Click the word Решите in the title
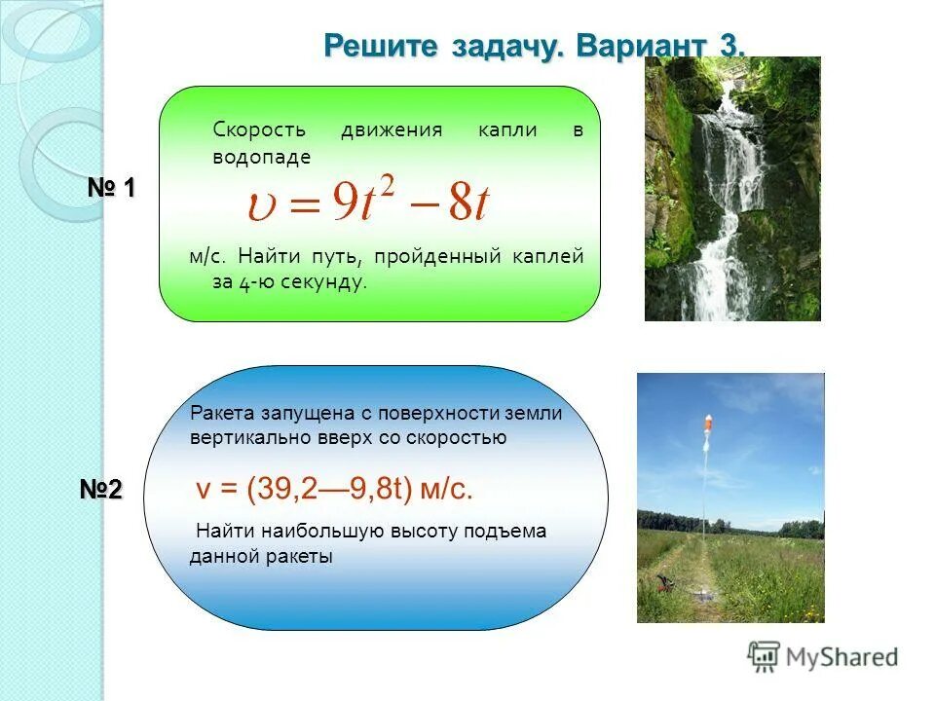[x=381, y=45]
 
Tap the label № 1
[x=113, y=188]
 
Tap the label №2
[x=101, y=490]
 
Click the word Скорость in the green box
[x=259, y=129]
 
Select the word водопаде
[x=261, y=156]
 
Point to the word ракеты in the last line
[x=298, y=557]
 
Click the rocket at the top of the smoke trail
[x=706, y=425]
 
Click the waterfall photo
[x=732, y=189]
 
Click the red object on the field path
[x=664, y=584]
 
